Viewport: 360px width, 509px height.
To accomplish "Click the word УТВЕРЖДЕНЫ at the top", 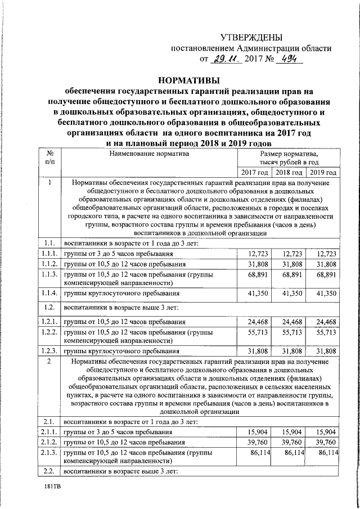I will (251, 38).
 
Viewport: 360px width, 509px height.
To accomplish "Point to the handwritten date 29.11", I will (227, 59).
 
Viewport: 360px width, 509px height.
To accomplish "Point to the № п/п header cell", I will (50, 158).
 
